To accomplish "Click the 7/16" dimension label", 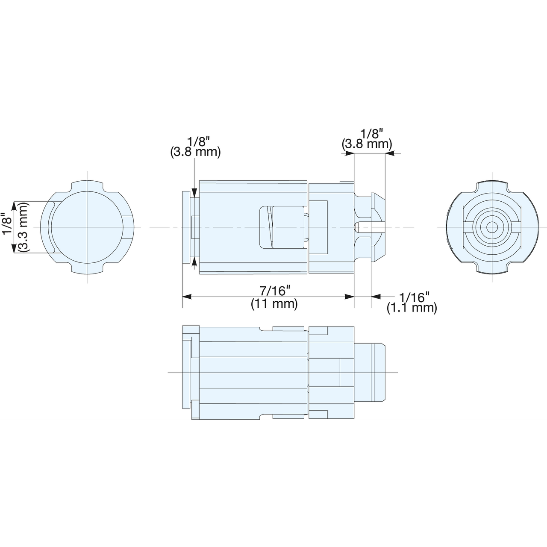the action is click(274, 291).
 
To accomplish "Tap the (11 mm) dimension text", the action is click(274, 304).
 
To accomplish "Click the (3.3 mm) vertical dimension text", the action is click(24, 227).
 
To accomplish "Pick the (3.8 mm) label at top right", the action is click(367, 144).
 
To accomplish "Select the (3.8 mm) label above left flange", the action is click(196, 152).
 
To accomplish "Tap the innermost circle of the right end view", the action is click(491, 227).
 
